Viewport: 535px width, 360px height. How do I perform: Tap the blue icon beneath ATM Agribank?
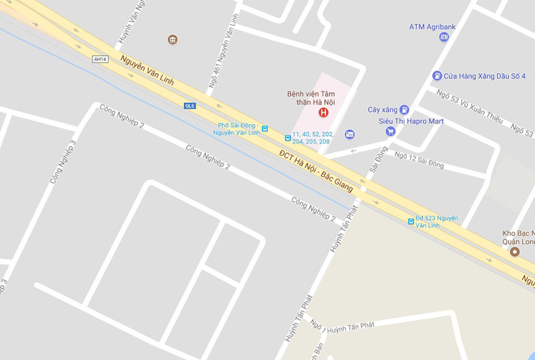click(x=443, y=37)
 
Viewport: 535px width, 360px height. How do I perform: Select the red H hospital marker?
click(x=323, y=113)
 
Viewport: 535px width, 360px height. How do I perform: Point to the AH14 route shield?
click(x=100, y=59)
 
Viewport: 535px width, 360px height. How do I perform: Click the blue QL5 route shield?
click(x=190, y=105)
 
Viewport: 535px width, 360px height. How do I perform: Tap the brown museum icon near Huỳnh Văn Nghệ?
click(x=172, y=39)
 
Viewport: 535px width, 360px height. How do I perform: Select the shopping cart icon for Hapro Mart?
click(x=390, y=131)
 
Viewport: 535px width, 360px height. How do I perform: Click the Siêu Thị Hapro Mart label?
click(x=412, y=122)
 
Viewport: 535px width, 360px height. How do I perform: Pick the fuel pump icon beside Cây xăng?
click(x=404, y=109)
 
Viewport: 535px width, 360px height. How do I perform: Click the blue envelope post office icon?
click(x=349, y=135)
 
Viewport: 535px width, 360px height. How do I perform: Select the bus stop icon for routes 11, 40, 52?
click(x=287, y=138)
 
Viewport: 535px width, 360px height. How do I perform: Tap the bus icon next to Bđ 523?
click(x=409, y=221)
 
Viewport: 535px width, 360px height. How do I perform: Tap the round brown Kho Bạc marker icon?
click(x=514, y=251)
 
